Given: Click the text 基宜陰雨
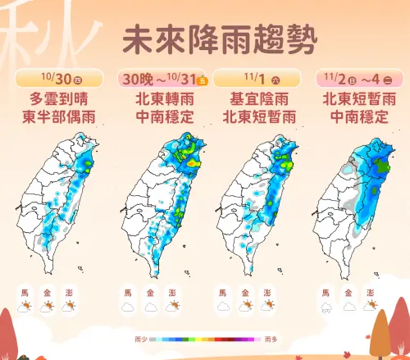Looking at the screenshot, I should coord(258,100).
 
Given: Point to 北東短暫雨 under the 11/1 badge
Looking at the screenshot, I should coord(258,117).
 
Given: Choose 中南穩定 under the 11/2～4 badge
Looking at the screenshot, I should coord(358,117).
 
